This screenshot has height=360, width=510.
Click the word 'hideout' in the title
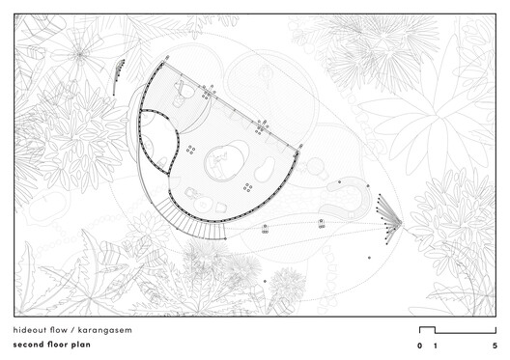33,330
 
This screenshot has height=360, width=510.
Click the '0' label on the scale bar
419,345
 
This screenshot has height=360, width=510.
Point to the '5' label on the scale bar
495,345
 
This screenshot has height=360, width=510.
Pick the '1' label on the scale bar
435,345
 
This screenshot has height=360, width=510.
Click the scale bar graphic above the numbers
456,330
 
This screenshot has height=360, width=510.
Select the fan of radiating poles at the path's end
388,218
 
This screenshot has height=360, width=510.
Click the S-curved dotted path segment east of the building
348,198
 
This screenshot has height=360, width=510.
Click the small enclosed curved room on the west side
156,140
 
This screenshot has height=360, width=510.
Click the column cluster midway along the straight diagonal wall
261,125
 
